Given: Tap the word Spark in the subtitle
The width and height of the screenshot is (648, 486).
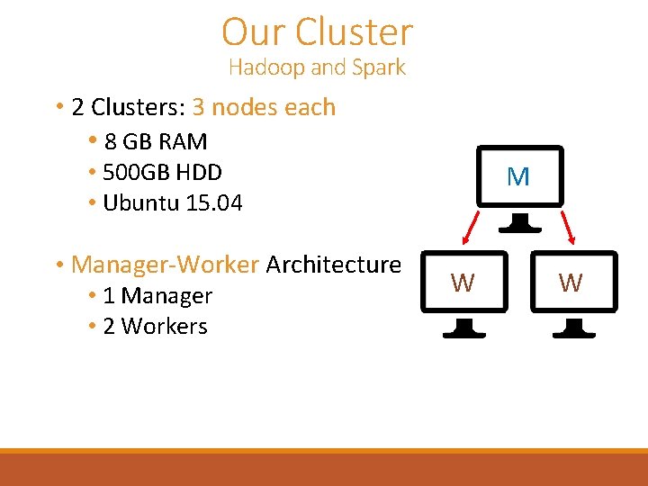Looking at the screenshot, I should [378, 67].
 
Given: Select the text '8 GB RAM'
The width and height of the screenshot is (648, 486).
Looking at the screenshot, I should [156, 142].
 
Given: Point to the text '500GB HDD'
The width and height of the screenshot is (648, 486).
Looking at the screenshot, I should [162, 172].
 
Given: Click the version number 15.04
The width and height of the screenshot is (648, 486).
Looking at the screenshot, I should [214, 203].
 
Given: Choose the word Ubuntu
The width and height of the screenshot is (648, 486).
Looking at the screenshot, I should [141, 203].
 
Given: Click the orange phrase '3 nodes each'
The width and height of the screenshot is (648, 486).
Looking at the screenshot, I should [264, 107].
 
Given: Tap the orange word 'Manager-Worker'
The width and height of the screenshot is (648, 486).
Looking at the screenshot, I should [165, 265].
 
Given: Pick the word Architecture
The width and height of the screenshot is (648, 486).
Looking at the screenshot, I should [333, 265].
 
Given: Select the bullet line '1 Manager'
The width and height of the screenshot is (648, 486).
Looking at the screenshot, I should [157, 296].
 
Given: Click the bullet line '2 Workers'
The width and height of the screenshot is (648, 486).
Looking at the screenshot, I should [155, 327].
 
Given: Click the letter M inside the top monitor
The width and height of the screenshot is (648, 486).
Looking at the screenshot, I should [518, 177].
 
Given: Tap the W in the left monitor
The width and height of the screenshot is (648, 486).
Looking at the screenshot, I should [463, 283].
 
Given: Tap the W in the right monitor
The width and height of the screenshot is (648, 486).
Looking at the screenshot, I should [571, 283].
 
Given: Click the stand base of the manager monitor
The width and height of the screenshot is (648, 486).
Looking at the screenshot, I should [518, 225].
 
